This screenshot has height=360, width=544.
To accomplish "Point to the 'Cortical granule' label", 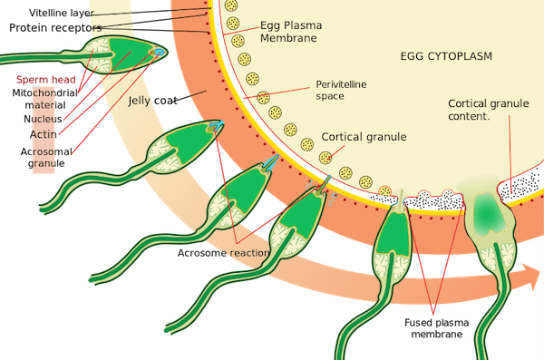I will [x=364, y=137].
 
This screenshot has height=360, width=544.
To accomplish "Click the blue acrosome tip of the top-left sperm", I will [x=160, y=52].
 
